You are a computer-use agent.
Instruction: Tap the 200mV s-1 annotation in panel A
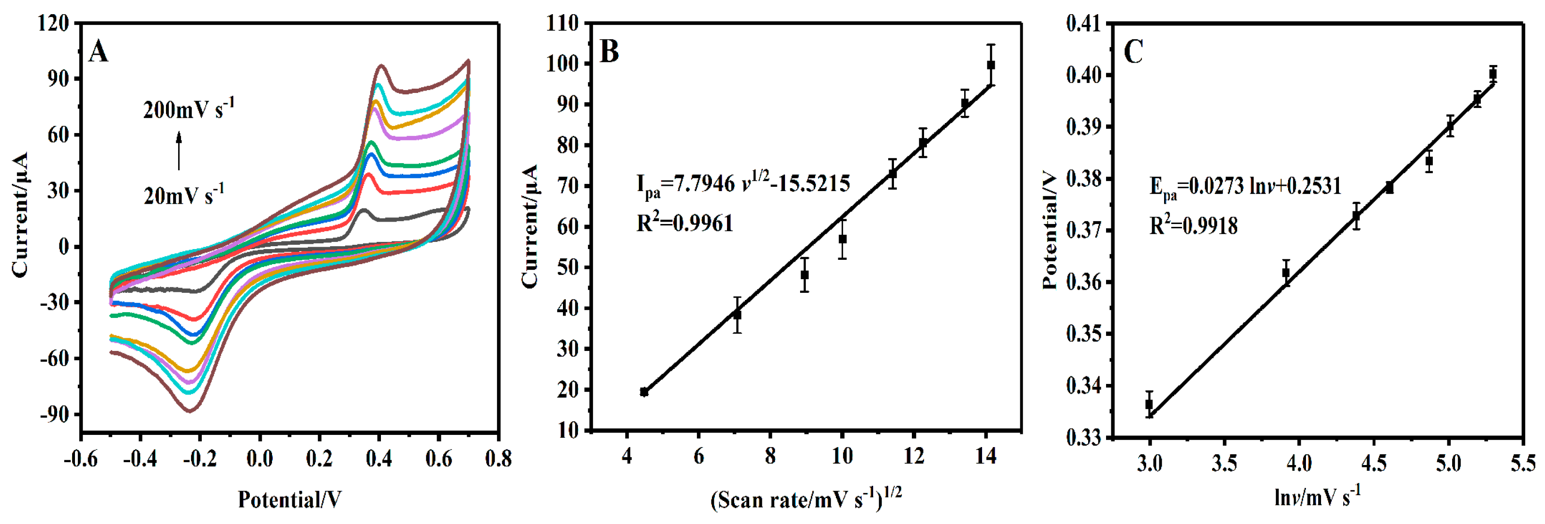click(x=188, y=109)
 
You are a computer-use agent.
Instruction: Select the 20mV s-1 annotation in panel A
click(x=183, y=195)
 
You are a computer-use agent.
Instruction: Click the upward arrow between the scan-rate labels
click(x=178, y=151)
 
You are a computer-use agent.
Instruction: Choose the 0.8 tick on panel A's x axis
click(x=498, y=459)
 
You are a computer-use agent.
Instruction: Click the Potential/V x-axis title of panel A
click(x=289, y=499)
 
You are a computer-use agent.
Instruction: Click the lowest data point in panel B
click(x=644, y=392)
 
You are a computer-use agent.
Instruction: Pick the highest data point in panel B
click(x=991, y=65)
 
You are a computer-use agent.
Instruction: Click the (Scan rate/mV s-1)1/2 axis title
click(x=805, y=499)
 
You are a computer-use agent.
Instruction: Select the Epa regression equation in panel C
click(x=1245, y=187)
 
